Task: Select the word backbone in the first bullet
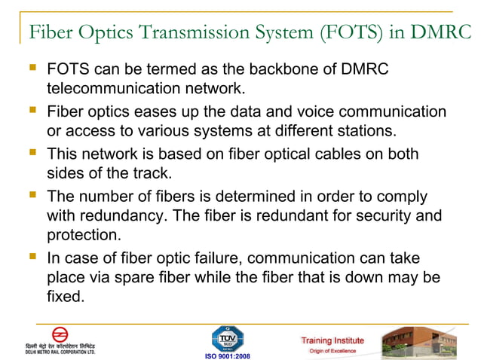(x=288, y=70)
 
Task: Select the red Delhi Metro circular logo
(x=60, y=334)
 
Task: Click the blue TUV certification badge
(x=227, y=337)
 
